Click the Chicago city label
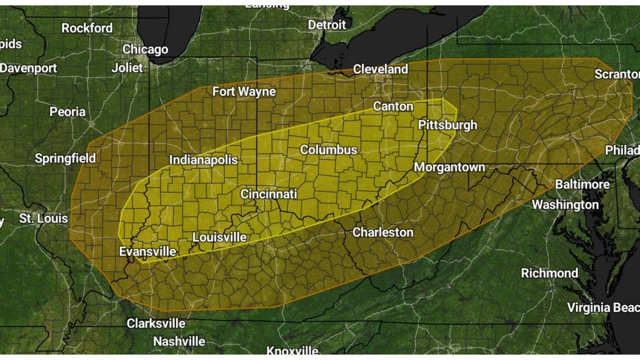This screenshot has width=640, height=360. point(145,49)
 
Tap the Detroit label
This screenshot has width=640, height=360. point(326,24)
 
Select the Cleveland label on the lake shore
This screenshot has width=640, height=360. point(380,69)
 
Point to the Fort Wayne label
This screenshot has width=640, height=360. point(244,91)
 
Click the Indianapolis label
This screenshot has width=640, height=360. point(203,160)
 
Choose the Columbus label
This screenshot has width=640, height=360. point(328,149)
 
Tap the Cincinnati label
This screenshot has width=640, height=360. point(268,194)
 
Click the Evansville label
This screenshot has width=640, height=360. point(147,251)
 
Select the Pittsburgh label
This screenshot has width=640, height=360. point(447,124)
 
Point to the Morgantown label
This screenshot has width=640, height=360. point(449,167)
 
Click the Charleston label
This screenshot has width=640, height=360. point(383,232)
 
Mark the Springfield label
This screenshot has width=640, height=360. point(65,159)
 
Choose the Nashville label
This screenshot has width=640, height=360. point(179,341)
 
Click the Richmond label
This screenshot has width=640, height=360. point(549,273)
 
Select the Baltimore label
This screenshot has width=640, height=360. point(582,184)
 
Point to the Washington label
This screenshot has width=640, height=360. point(565,204)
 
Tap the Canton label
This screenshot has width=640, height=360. point(393,106)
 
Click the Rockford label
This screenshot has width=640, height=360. point(87,28)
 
